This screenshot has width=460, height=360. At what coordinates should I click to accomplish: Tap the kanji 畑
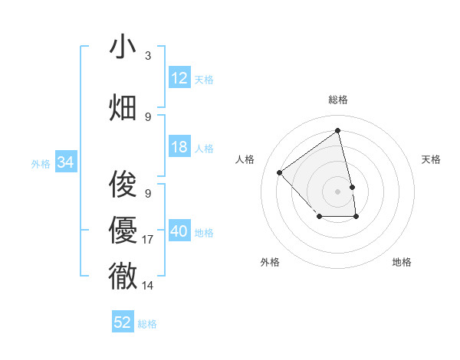(x=123, y=107)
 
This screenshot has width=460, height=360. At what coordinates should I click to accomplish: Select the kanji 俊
(x=123, y=185)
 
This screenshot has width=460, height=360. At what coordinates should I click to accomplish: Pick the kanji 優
(x=123, y=230)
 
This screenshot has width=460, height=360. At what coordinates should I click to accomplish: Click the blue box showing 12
(x=179, y=78)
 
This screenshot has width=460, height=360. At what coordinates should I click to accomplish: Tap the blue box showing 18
(x=179, y=147)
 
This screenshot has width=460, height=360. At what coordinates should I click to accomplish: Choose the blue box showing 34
(x=65, y=162)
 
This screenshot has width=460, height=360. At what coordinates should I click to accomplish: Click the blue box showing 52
(x=123, y=322)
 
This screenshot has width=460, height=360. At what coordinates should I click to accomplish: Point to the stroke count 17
(x=148, y=240)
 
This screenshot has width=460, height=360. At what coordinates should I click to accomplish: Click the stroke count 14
(x=148, y=285)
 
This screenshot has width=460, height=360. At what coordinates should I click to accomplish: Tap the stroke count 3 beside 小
(x=148, y=56)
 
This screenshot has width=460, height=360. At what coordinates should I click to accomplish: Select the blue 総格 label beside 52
(x=147, y=324)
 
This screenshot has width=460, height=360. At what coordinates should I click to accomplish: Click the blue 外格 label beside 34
(x=41, y=163)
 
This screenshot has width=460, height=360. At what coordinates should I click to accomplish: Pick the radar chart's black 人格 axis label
(x=245, y=159)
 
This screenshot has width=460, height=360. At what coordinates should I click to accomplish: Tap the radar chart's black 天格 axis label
(x=431, y=159)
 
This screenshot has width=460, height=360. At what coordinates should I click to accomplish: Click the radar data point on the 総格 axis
(x=337, y=130)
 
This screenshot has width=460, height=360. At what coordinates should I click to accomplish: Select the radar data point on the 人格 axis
(x=280, y=172)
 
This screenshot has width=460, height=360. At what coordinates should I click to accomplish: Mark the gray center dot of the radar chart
(x=337, y=191)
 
